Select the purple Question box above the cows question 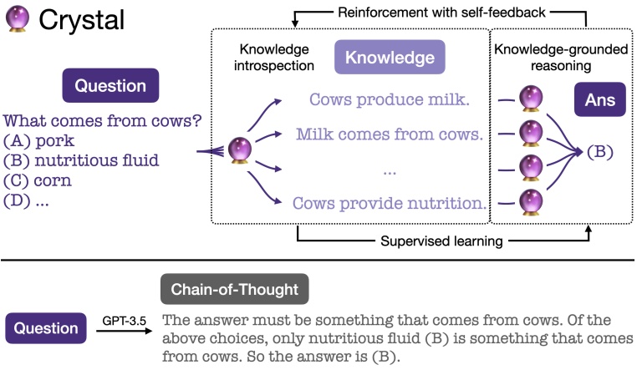[110, 85]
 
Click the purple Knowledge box [390, 58]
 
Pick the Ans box [599, 99]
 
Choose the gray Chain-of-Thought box [234, 289]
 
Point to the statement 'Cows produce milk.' [389, 100]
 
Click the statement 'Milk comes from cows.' [389, 134]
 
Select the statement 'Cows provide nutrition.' [389, 202]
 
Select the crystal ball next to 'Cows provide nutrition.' [530, 201]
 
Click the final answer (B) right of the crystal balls [600, 152]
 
